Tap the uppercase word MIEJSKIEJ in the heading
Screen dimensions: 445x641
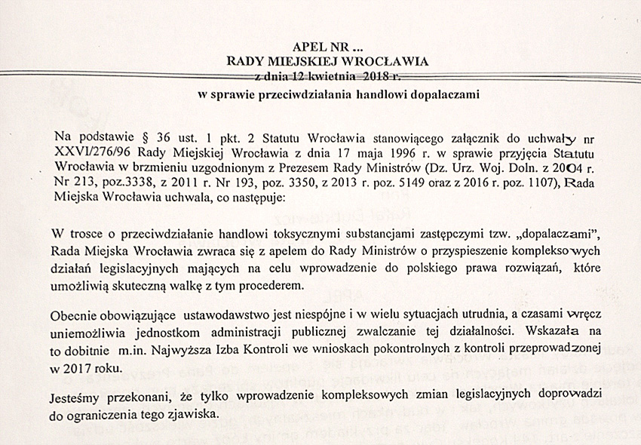tap(303, 62)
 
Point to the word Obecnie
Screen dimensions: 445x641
tap(78, 314)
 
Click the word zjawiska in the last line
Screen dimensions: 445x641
tap(194, 413)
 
